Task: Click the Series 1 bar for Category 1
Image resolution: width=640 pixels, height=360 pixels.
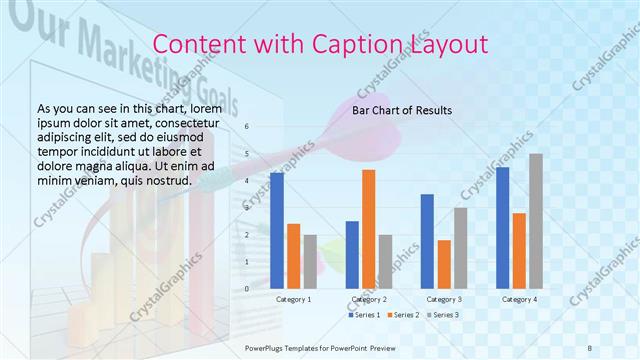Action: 277,230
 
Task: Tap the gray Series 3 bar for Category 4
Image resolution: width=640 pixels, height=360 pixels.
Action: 536,220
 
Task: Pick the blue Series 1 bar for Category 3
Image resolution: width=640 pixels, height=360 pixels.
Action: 428,240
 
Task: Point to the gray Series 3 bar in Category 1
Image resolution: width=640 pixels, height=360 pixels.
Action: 310,261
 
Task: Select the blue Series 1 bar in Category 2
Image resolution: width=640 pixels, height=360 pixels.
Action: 352,254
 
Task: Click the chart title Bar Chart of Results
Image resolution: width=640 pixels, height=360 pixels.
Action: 402,110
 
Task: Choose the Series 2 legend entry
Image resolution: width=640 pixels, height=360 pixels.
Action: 402,315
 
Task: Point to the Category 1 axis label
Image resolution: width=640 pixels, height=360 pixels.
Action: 293,299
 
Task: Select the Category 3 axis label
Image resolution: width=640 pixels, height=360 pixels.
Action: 443,299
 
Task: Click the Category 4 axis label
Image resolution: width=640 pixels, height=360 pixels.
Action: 519,299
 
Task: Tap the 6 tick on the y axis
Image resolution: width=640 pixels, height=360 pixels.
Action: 247,127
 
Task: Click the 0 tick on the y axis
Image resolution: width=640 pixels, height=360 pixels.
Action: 247,287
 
